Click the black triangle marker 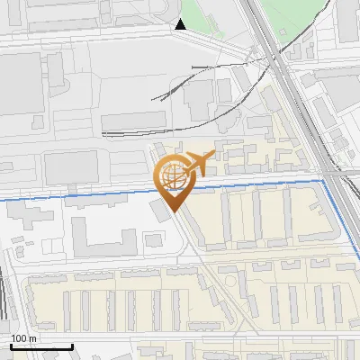(181, 24)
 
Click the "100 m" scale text (23, 337)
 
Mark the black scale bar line (41, 346)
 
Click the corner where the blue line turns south (324, 182)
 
